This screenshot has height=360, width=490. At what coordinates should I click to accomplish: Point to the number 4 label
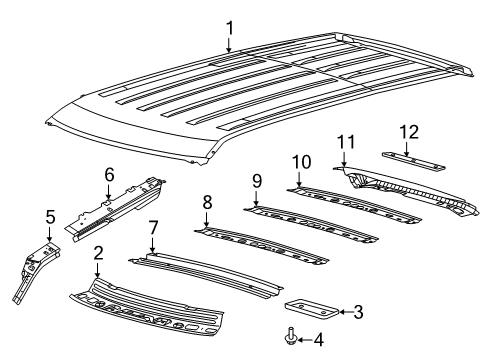318,340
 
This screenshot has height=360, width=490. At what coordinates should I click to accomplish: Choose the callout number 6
109,174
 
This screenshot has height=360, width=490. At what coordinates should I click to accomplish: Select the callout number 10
301,161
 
